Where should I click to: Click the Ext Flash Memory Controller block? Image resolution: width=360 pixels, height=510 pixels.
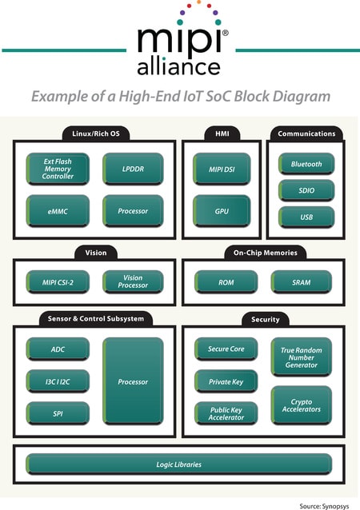pyautogui.click(x=58, y=169)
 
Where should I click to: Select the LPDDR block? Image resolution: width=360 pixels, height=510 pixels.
pyautogui.click(x=133, y=169)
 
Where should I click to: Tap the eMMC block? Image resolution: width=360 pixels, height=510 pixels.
pyautogui.click(x=58, y=211)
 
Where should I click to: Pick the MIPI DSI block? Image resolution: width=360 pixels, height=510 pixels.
pyautogui.click(x=222, y=169)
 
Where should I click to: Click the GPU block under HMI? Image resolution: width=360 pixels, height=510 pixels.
pyautogui.click(x=222, y=211)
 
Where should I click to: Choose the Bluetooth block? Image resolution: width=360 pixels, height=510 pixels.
pyautogui.click(x=306, y=164)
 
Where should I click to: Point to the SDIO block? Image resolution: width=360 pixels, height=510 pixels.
pyautogui.click(x=306, y=190)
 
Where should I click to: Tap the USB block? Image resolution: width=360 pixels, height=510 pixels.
pyautogui.click(x=306, y=217)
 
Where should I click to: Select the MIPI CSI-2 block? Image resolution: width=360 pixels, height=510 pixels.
pyautogui.click(x=58, y=282)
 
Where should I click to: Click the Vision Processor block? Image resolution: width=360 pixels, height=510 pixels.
pyautogui.click(x=133, y=281)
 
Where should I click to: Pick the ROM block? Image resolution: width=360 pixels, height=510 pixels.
pyautogui.click(x=226, y=282)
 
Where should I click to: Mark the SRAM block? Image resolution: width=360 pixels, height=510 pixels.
pyautogui.click(x=301, y=282)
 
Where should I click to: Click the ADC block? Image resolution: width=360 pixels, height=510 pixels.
pyautogui.click(x=58, y=349)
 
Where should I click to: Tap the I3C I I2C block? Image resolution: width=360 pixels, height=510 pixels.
pyautogui.click(x=58, y=381)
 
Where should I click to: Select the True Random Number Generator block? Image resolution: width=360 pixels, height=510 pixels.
pyautogui.click(x=301, y=357)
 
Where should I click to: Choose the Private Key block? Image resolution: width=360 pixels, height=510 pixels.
pyautogui.click(x=226, y=381)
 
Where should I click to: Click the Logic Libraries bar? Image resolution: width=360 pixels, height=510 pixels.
pyautogui.click(x=178, y=464)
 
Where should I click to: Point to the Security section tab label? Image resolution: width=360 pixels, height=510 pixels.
pyautogui.click(x=266, y=320)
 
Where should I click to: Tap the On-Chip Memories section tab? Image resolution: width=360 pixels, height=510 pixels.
pyautogui.click(x=266, y=253)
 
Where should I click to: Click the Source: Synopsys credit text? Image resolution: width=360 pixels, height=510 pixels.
pyautogui.click(x=324, y=506)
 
